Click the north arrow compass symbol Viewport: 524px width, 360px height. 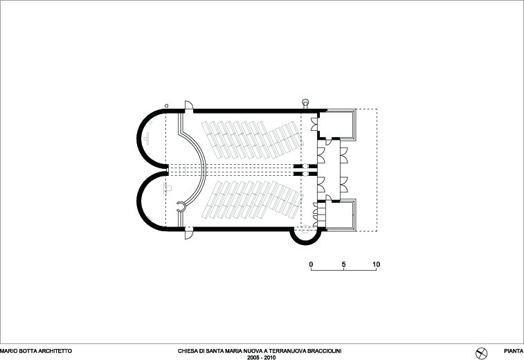pyautogui.click(x=481, y=353)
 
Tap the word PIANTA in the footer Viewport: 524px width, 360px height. pyautogui.click(x=514, y=351)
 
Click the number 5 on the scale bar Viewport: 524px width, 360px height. pyautogui.click(x=343, y=264)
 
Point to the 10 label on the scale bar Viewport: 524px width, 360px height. pyautogui.click(x=377, y=264)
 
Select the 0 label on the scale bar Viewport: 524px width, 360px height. pyautogui.click(x=311, y=264)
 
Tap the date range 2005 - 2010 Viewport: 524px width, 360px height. pyautogui.click(x=262, y=357)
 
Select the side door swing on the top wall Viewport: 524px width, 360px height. pyautogui.click(x=189, y=105)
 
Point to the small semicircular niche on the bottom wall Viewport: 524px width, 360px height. pyautogui.click(x=305, y=237)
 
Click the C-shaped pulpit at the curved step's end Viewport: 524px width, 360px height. pyautogui.click(x=181, y=207)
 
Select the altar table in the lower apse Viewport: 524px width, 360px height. pyautogui.click(x=167, y=188)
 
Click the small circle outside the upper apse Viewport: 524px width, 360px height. pyautogui.click(x=166, y=106)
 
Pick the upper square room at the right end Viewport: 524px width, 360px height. pyautogui.click(x=336, y=125)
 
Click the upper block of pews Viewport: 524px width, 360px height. pyautogui.click(x=252, y=140)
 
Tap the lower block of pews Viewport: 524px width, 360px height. pyautogui.click(x=252, y=200)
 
